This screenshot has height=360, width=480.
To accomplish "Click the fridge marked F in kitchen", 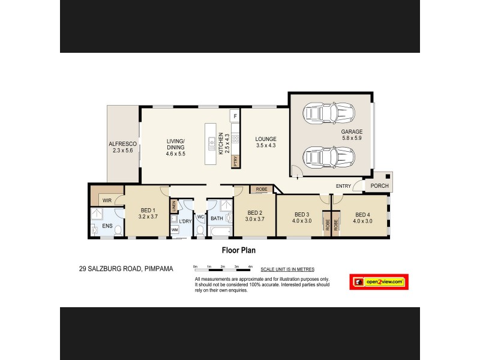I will click(235, 115).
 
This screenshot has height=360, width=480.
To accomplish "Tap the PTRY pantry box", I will click(236, 161).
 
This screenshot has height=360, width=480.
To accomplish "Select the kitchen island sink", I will click(212, 143).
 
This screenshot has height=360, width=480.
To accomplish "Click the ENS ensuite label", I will click(107, 226).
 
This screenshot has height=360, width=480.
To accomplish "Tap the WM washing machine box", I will click(175, 230).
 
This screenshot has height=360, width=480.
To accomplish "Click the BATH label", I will click(217, 218).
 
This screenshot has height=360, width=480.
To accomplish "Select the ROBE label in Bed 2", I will click(261, 189).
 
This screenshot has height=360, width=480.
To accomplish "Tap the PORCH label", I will click(379, 186).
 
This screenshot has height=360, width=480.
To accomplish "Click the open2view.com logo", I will click(377, 281).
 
